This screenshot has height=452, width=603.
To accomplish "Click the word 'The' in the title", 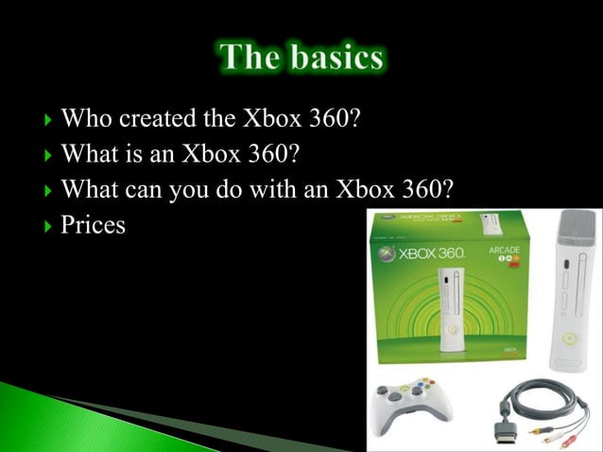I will pos(248,58).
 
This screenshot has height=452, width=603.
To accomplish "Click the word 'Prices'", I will pos(93,226).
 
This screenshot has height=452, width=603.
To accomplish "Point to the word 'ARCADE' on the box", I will pos(504,252).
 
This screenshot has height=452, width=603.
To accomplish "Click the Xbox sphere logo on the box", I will pos(386,255).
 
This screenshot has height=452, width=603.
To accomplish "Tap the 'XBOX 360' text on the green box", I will pos(431,255).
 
